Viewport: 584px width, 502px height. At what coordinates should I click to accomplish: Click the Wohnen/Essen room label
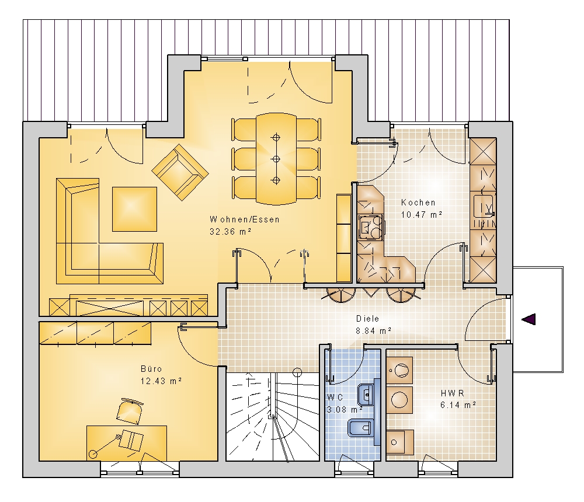click(244, 219)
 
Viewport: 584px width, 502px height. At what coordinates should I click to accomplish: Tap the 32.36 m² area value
click(231, 231)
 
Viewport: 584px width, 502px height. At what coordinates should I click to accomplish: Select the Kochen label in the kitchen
click(418, 203)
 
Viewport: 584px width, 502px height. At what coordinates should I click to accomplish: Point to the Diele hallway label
click(367, 318)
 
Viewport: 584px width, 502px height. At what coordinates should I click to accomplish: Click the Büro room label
click(151, 369)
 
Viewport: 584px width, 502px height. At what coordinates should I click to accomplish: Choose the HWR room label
click(452, 393)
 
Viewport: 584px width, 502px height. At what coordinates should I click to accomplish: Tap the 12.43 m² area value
click(161, 381)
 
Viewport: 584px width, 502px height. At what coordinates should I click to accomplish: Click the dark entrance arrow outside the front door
click(529, 319)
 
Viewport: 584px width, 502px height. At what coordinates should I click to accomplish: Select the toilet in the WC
click(361, 428)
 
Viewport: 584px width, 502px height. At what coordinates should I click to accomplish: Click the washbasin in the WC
click(366, 394)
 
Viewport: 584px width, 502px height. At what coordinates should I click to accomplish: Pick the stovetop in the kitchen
click(370, 227)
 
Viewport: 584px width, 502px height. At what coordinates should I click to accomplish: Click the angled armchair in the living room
click(180, 172)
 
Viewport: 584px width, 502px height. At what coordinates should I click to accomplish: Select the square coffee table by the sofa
click(134, 209)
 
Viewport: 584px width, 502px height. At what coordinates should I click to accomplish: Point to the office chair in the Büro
click(129, 412)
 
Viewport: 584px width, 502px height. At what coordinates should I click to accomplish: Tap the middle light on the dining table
click(276, 159)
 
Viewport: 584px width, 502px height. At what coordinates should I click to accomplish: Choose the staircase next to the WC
click(273, 417)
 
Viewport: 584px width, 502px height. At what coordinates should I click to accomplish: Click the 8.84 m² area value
click(374, 331)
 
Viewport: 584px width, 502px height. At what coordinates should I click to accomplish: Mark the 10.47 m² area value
click(422, 214)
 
